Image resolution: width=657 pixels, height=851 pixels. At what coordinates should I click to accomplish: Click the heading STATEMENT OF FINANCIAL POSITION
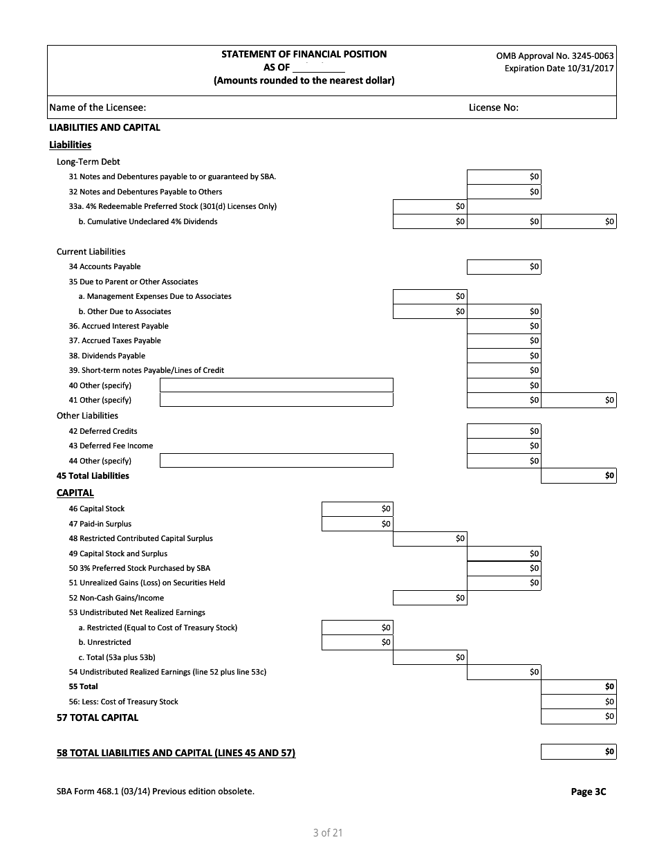(x=304, y=54)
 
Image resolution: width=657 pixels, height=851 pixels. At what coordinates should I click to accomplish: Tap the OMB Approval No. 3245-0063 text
(x=555, y=55)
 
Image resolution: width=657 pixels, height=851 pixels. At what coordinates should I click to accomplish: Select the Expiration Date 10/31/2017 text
(x=559, y=68)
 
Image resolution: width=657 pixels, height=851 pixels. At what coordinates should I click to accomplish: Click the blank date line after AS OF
(x=318, y=68)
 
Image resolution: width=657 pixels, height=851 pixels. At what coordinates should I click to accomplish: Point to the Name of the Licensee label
(x=98, y=107)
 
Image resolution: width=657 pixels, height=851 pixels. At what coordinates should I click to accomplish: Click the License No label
(x=493, y=107)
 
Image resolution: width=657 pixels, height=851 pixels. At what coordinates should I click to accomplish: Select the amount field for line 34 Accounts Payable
(x=504, y=267)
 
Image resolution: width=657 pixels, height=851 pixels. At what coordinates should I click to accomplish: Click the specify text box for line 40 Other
(x=276, y=385)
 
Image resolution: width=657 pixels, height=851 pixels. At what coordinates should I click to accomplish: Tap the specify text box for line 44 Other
(x=276, y=461)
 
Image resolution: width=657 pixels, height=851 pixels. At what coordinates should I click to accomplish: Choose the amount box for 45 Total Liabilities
(x=578, y=476)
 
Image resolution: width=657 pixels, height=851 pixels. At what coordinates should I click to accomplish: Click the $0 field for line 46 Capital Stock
(x=357, y=509)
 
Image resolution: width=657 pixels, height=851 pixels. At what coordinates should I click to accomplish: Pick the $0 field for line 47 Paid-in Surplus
(x=357, y=524)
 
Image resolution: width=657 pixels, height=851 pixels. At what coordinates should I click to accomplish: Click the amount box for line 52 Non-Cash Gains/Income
(x=429, y=598)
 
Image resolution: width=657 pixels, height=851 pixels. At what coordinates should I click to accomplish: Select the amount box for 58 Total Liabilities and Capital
(x=578, y=752)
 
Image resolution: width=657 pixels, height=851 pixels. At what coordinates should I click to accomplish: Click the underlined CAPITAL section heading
(x=75, y=493)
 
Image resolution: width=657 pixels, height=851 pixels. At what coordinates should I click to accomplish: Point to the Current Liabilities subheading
(x=91, y=252)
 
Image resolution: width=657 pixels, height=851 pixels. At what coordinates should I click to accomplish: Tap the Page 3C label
(x=588, y=792)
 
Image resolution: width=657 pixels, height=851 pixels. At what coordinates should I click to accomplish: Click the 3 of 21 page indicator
(x=328, y=833)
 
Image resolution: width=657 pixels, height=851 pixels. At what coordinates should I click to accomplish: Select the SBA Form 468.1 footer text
(x=155, y=791)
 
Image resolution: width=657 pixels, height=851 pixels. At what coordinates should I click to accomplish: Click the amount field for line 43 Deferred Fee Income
(x=504, y=446)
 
